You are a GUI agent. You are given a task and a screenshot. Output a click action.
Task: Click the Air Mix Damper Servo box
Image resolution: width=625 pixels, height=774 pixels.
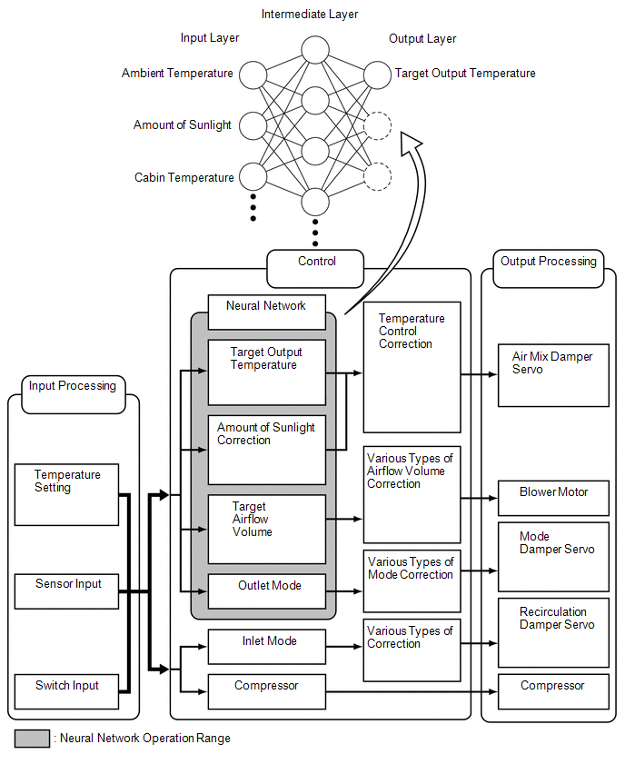[x=553, y=375]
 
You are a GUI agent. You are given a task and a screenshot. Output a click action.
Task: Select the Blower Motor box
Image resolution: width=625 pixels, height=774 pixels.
[x=553, y=499]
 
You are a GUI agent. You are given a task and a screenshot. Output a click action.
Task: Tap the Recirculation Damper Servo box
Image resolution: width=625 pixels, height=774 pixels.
[x=553, y=632]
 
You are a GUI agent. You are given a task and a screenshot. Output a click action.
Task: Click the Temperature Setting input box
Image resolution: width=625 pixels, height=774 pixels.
[x=66, y=494]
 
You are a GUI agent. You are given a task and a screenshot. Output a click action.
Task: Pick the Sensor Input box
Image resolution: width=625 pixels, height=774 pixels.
[x=66, y=590]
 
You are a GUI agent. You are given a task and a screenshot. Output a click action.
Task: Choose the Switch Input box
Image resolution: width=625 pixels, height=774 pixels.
[x=66, y=691]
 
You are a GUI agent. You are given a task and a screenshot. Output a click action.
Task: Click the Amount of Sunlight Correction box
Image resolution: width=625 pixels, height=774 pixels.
[x=266, y=449]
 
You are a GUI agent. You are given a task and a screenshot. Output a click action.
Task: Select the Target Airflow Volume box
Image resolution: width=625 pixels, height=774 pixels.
[x=266, y=529]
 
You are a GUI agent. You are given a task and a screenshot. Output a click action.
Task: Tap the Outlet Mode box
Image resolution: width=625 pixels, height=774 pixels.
[x=266, y=590]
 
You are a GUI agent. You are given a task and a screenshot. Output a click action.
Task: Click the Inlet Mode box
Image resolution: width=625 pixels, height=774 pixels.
[x=266, y=646]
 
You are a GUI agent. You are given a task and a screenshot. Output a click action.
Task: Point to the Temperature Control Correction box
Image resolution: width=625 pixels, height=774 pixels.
[x=412, y=367]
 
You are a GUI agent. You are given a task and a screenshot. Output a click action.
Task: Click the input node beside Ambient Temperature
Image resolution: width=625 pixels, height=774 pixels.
[x=252, y=74]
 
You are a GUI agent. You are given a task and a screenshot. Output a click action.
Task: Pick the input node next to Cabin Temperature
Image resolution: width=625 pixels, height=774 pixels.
[x=252, y=176]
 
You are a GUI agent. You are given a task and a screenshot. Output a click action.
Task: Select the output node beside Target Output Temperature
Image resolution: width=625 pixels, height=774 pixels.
[x=377, y=74]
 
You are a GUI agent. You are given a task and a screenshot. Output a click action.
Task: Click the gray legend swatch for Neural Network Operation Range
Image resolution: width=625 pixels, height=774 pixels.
[x=32, y=739]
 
